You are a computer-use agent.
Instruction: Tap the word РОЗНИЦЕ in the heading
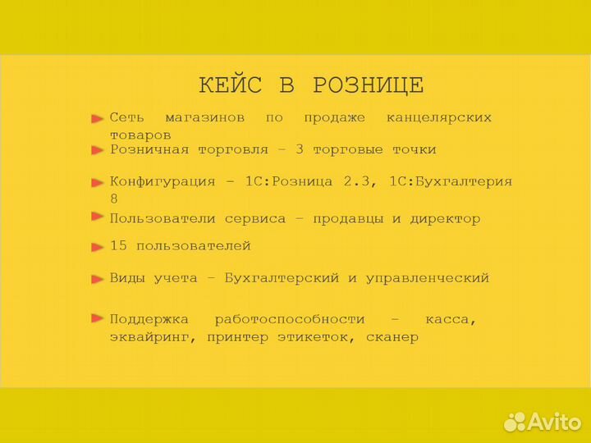tap(369, 85)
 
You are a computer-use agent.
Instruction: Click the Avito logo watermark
tap(543, 421)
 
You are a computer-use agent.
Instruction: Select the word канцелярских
tap(439, 117)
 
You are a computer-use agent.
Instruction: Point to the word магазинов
tap(204, 117)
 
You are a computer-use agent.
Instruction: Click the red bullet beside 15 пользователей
tap(97, 246)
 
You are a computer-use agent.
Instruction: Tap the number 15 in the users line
tap(118, 246)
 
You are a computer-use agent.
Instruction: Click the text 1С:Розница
tap(288, 181)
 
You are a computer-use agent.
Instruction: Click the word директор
tap(447, 219)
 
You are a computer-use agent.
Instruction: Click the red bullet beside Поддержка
tap(97, 318)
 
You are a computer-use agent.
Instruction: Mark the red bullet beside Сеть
tap(97, 119)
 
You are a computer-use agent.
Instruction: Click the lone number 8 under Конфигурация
tap(114, 199)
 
